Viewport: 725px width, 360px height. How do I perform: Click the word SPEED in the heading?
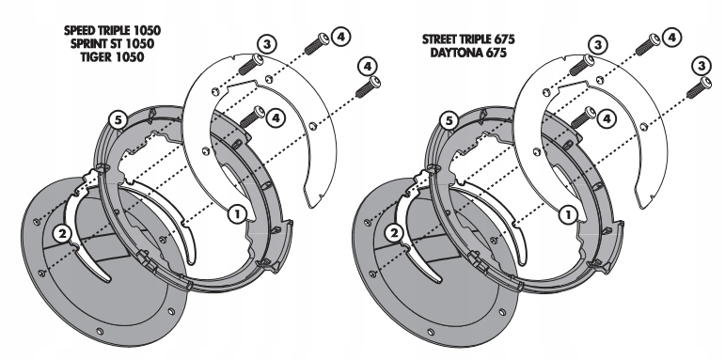[x=80, y=31]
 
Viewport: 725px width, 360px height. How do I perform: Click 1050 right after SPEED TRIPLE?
[x=148, y=31]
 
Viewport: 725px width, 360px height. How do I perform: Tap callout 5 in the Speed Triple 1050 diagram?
[x=118, y=121]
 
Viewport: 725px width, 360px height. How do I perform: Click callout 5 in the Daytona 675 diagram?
[x=449, y=121]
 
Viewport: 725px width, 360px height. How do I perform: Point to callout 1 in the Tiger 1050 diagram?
[x=237, y=214]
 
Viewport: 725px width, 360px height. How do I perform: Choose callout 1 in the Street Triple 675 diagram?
[x=567, y=214]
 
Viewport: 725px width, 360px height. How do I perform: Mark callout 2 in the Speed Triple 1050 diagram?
[x=62, y=234]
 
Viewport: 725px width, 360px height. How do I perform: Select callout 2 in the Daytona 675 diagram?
[x=394, y=234]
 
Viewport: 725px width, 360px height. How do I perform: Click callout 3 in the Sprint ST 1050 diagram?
[x=267, y=44]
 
